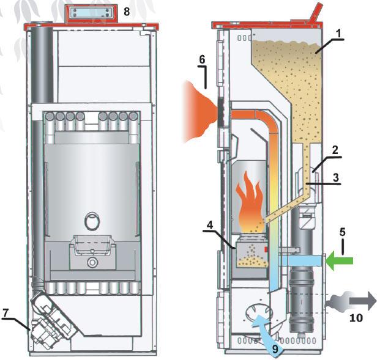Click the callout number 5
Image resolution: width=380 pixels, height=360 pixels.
(343, 233)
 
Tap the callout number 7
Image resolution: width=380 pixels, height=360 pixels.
(6, 312)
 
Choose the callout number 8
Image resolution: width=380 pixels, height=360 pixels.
(126, 11)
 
